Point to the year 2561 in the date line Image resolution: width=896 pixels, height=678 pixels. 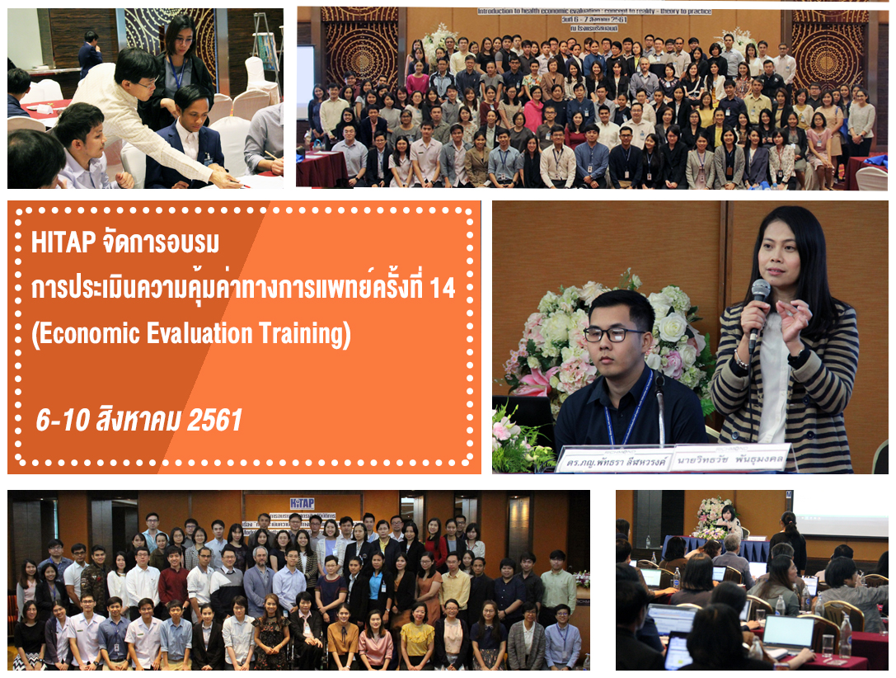pyautogui.click(x=215, y=420)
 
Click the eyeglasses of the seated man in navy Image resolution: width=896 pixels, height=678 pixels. pyautogui.click(x=614, y=334)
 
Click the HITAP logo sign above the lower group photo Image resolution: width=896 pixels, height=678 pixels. pyautogui.click(x=302, y=502)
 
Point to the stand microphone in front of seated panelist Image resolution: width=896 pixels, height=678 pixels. pyautogui.click(x=659, y=404)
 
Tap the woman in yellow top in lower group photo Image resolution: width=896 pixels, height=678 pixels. pyautogui.click(x=417, y=637)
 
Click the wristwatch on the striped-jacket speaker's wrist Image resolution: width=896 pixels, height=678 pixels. pyautogui.click(x=796, y=356)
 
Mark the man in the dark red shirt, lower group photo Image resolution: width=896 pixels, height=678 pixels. pyautogui.click(x=174, y=581)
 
